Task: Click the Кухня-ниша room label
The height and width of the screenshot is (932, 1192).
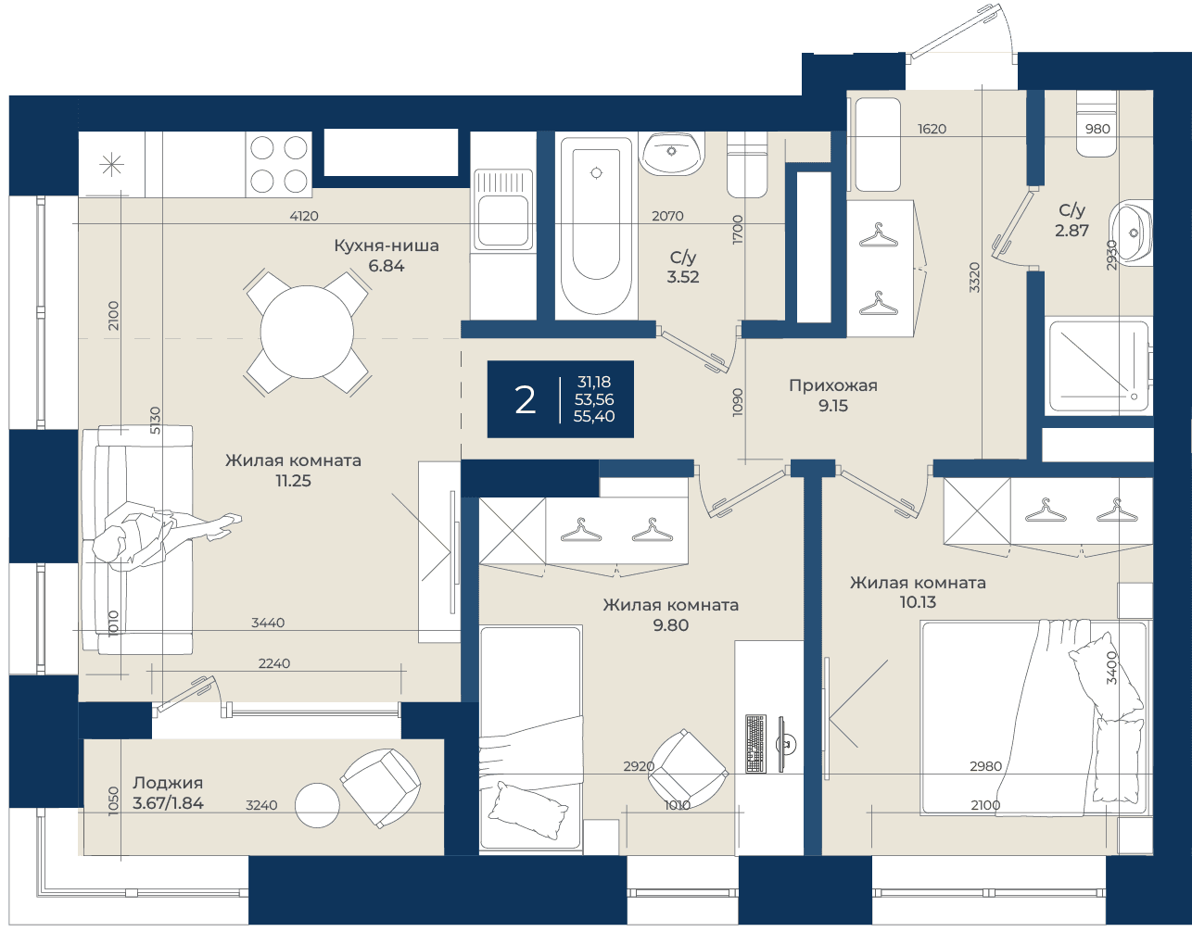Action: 387,246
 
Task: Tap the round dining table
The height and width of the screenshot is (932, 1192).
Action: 307,332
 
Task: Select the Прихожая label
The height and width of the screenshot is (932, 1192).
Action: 832,386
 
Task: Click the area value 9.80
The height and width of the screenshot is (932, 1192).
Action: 670,625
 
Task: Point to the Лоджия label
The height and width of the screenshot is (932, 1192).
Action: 168,783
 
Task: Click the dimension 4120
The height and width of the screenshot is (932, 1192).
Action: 304,216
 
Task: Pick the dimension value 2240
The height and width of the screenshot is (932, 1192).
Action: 274,663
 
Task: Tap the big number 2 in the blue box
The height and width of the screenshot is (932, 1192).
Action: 525,400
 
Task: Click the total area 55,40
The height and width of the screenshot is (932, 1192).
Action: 594,416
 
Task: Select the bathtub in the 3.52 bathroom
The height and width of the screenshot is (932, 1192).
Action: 596,225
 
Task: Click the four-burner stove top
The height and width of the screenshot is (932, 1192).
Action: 279,164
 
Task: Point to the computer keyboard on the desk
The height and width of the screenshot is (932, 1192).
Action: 756,743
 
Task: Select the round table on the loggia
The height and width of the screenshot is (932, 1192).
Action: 317,805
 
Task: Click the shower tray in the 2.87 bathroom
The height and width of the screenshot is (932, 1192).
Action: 1098,367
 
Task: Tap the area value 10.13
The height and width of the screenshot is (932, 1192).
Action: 918,602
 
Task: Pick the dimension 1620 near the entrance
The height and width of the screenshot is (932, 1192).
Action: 932,129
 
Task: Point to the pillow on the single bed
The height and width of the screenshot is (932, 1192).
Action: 527,811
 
